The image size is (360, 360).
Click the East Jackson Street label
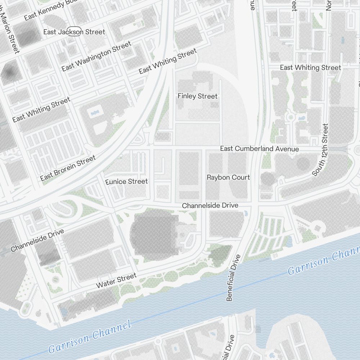click(x=74, y=32)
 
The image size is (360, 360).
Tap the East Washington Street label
click(x=96, y=57)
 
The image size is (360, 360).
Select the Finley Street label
click(x=198, y=96)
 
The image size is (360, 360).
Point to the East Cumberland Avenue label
click(x=259, y=149)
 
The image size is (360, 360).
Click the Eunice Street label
click(x=127, y=181)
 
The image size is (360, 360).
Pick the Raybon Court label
click(x=228, y=177)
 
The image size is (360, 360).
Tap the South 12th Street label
click(x=320, y=150)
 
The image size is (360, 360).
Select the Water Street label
click(x=116, y=280)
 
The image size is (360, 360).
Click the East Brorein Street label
click(x=68, y=168)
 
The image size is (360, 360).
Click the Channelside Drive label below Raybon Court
click(x=210, y=206)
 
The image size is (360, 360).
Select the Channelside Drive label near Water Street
click(x=37, y=240)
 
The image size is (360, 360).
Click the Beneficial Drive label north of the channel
click(x=233, y=278)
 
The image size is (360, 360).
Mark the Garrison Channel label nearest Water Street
click(x=89, y=337)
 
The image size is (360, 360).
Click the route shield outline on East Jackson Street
click(x=75, y=32)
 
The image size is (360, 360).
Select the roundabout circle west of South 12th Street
click(x=290, y=117)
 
